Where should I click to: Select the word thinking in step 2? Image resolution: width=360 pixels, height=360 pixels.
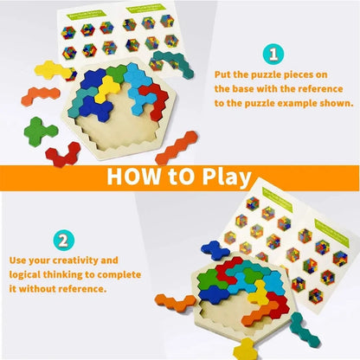(74, 275)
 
